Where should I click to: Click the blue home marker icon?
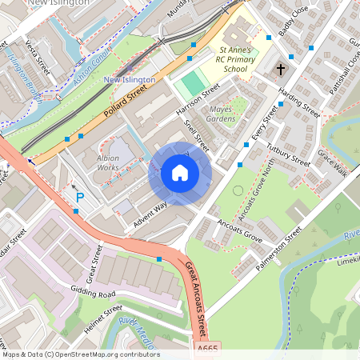click(x=180, y=173)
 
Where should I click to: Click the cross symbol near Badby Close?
click(x=281, y=70)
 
